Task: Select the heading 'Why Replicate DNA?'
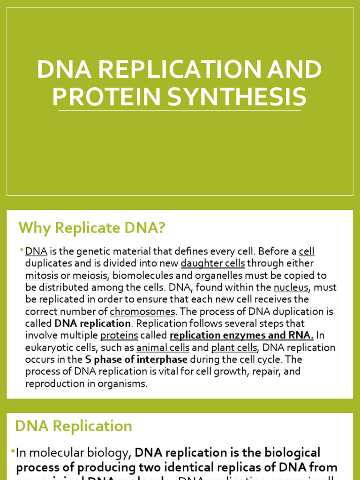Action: pyautogui.click(x=92, y=228)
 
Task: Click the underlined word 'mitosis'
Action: pyautogui.click(x=42, y=276)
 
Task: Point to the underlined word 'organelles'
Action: pyautogui.click(x=218, y=276)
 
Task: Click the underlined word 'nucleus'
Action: pyautogui.click(x=291, y=287)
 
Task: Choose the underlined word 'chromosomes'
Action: pyautogui.click(x=142, y=312)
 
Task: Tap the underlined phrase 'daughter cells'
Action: pyautogui.click(x=213, y=263)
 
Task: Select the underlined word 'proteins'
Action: pyautogui.click(x=119, y=336)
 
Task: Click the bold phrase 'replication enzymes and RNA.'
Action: pyautogui.click(x=241, y=336)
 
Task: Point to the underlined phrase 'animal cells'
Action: pyautogui.click(x=163, y=348)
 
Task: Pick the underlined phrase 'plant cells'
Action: pyautogui.click(x=234, y=348)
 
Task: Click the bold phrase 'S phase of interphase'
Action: pyautogui.click(x=136, y=360)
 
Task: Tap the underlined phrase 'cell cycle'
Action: pyautogui.click(x=260, y=360)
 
